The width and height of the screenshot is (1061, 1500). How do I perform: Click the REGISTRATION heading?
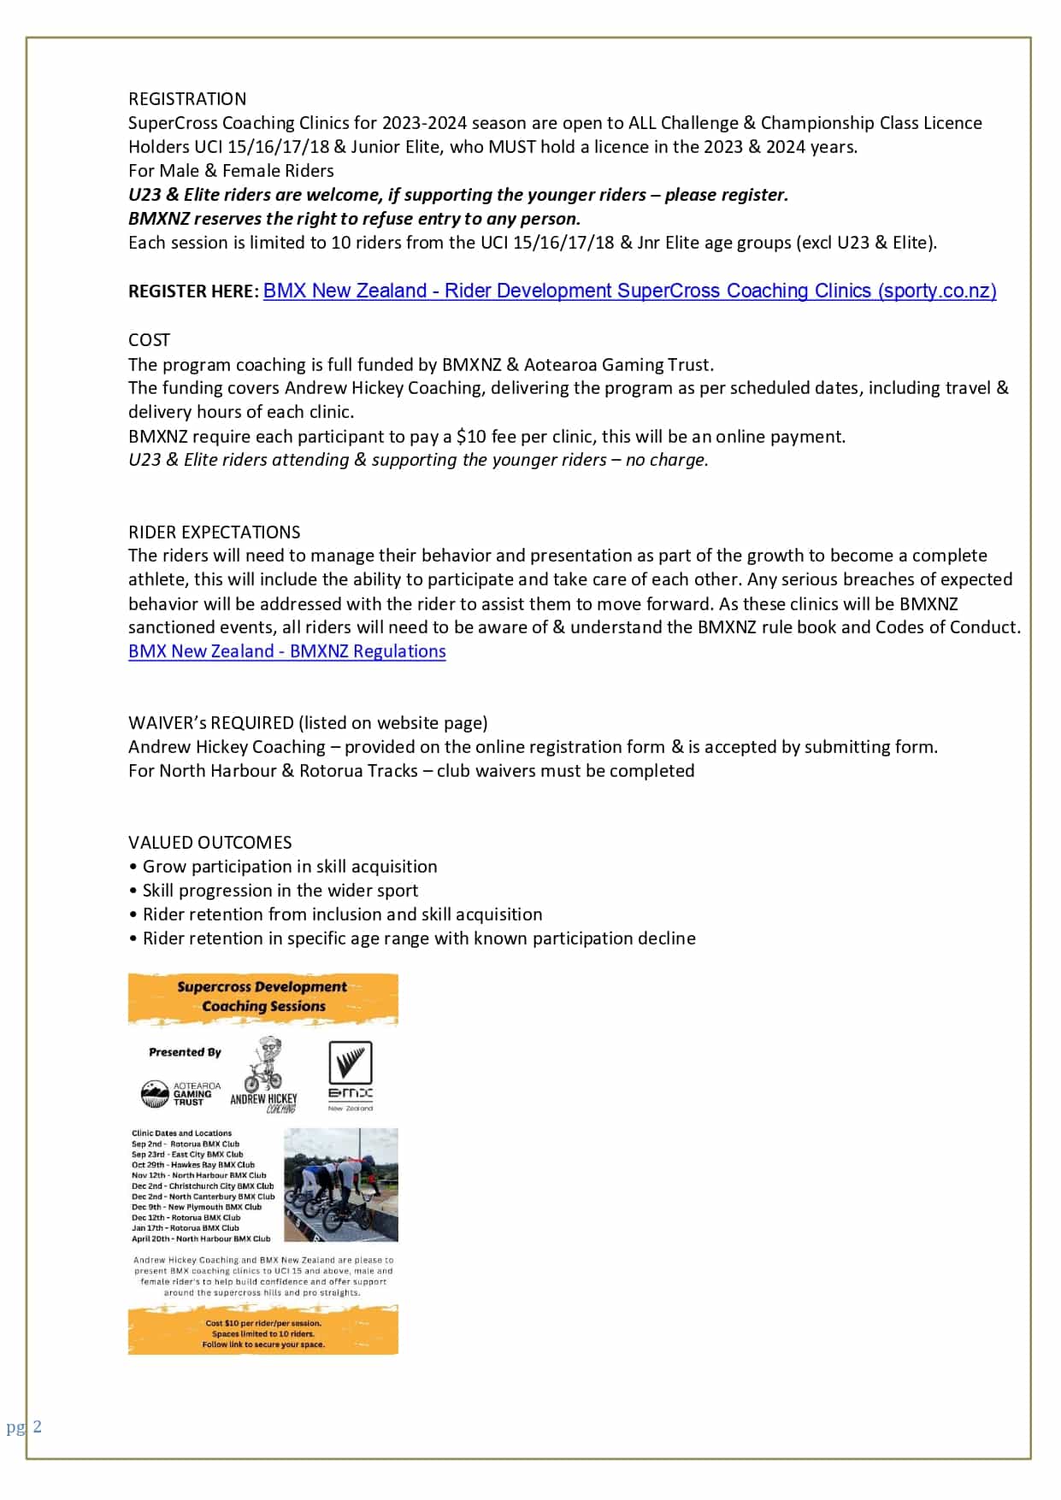click(x=187, y=99)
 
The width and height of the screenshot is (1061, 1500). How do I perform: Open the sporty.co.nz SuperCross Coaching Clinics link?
click(x=629, y=291)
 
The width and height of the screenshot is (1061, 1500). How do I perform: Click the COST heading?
click(x=149, y=340)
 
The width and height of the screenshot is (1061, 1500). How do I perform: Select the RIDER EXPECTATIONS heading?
click(x=214, y=532)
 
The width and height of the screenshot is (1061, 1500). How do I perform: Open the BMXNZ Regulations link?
click(x=286, y=651)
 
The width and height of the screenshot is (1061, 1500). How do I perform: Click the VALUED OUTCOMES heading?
click(x=209, y=843)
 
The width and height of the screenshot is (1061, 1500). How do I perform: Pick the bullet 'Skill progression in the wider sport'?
click(x=280, y=891)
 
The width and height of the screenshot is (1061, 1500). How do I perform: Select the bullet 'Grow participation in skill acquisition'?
click(x=289, y=867)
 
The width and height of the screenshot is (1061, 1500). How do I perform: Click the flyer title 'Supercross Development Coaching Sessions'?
click(x=262, y=997)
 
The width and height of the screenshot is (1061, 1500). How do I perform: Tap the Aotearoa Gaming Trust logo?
click(x=180, y=1094)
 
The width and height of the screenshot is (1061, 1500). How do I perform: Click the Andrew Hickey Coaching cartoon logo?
click(x=264, y=1074)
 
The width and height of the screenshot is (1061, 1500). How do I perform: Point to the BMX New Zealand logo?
click(x=351, y=1075)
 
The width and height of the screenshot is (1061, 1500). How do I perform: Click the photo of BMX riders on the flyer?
click(x=340, y=1185)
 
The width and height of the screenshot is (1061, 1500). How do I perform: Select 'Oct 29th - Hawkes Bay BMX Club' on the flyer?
click(x=193, y=1165)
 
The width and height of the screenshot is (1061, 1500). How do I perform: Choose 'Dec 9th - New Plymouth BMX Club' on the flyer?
click(x=197, y=1207)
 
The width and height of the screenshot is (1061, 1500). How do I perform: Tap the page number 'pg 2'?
click(x=24, y=1426)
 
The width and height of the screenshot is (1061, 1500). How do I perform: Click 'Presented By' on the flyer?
click(x=185, y=1052)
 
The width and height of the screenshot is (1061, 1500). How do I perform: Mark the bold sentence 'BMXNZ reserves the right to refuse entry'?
click(x=354, y=219)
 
